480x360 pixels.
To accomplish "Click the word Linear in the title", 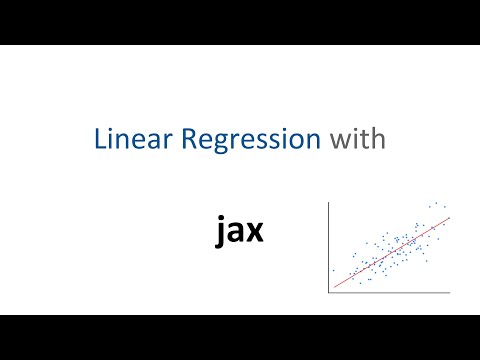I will [127, 141].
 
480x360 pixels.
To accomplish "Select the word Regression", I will [245, 141].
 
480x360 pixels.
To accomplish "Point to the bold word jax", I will [240, 231].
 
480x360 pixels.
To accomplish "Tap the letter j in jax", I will [221, 234].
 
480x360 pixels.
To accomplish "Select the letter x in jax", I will [255, 233].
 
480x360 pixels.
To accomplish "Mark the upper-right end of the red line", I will [450, 217].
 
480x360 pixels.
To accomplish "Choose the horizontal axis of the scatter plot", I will [390, 293].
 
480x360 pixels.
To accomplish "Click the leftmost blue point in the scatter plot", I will [334, 270].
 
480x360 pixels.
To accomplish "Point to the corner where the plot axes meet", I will [330, 293].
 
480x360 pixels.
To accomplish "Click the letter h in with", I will [375, 140].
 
